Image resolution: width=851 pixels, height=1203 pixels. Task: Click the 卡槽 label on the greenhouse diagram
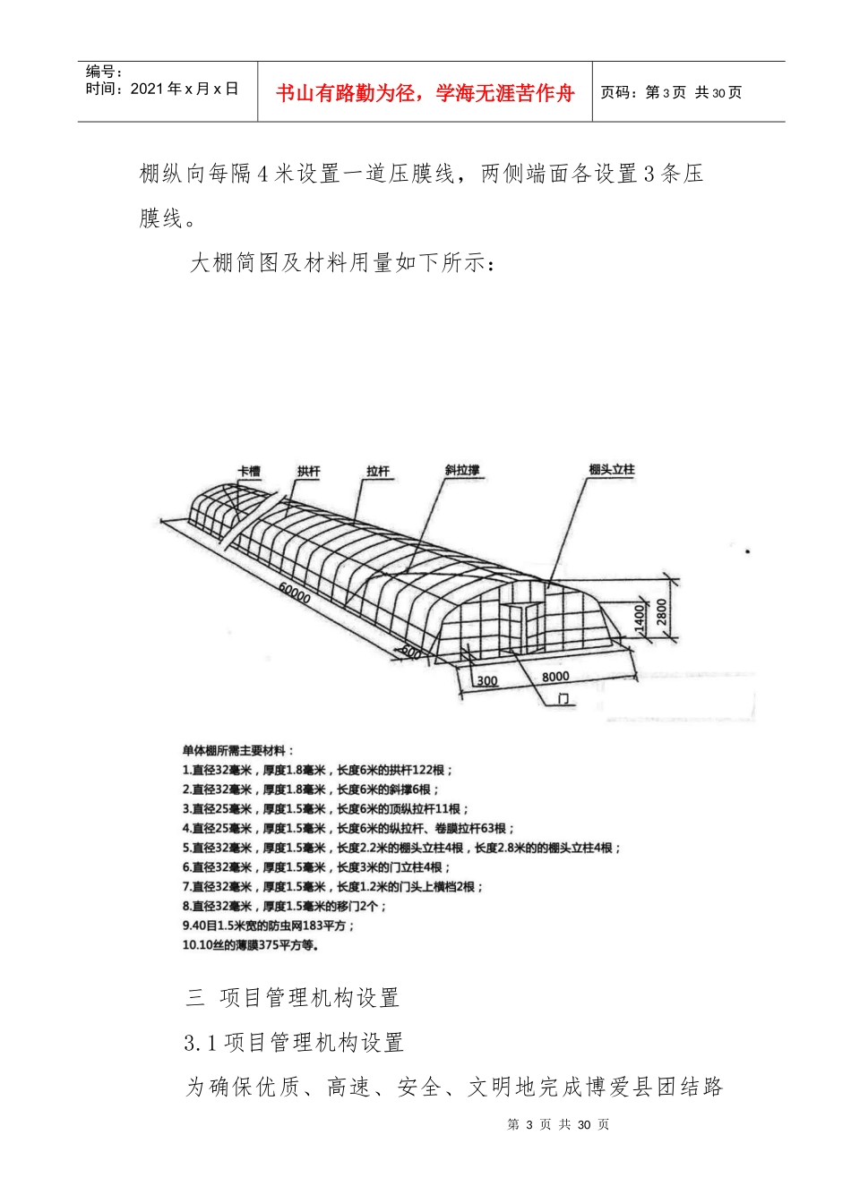pos(248,472)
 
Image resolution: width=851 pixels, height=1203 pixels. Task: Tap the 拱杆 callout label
pos(309,472)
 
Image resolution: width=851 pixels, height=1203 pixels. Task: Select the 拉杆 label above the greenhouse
pos(378,472)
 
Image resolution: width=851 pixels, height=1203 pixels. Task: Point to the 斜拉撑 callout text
pos(462,470)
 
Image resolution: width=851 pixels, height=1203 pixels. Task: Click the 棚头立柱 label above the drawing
pos(612,470)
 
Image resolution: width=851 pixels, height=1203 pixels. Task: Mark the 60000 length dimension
pos(295,593)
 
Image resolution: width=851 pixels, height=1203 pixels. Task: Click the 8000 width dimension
pos(555,677)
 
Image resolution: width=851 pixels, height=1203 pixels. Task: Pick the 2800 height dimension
pos(662,612)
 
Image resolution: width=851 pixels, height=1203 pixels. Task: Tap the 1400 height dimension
pos(640,619)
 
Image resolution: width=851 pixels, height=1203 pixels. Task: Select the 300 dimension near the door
pos(487,681)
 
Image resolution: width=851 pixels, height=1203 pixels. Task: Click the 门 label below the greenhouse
pos(563,698)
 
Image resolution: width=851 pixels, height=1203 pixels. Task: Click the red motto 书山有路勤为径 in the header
pos(425,93)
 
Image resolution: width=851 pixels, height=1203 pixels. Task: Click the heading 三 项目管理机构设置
pos(292,997)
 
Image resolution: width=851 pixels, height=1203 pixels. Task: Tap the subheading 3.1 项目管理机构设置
pos(294,1042)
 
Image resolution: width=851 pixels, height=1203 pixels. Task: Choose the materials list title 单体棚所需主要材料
pos(238,751)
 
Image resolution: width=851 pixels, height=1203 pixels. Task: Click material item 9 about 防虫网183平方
pos(269,926)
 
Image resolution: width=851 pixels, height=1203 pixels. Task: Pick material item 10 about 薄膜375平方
pos(251,944)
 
